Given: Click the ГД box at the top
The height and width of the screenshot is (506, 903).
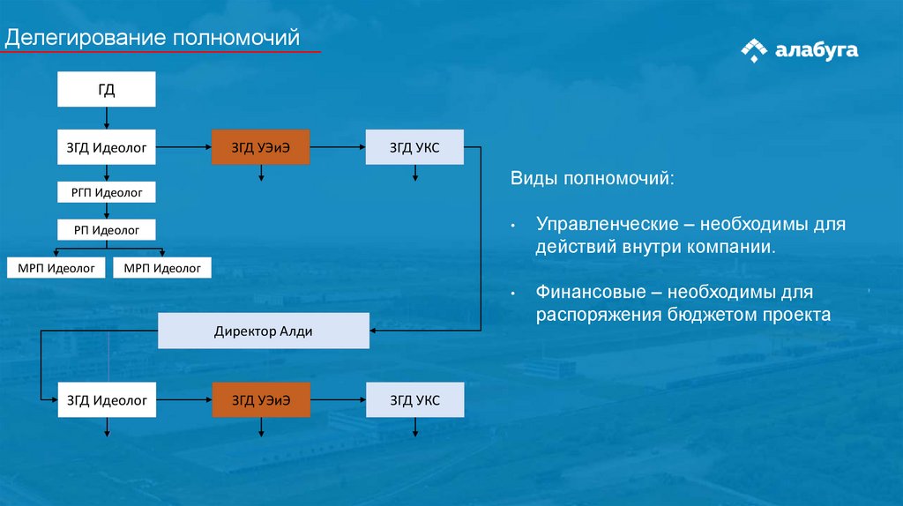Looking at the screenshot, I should [107, 90].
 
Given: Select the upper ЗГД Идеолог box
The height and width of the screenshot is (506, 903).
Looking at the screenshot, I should [107, 147].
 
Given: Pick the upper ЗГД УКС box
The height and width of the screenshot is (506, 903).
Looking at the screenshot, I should [414, 147].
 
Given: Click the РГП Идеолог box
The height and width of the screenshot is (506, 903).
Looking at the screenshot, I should [107, 191].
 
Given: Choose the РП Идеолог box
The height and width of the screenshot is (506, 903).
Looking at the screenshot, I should [107, 230].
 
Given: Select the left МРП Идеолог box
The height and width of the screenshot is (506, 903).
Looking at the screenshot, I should [56, 267].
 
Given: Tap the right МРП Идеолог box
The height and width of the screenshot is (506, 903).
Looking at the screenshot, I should [162, 267].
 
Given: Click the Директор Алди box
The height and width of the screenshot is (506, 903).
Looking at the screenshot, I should [264, 331].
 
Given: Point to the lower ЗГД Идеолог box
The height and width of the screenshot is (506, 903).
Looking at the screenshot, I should [107, 401].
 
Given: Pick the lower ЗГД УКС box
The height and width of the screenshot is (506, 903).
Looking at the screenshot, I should [414, 401].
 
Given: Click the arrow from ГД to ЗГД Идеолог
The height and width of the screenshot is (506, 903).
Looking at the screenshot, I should [107, 118].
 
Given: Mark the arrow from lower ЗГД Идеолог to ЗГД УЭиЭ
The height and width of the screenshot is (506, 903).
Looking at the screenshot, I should [184, 401].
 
